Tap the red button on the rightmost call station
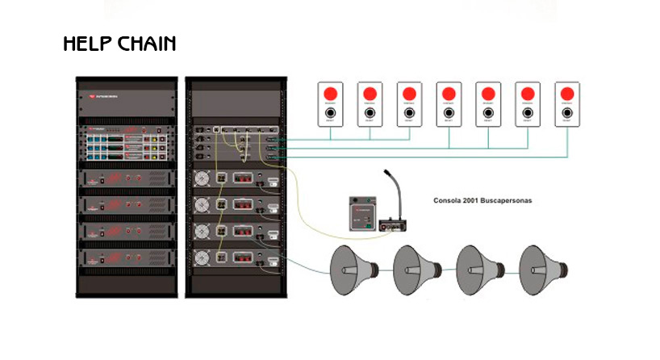click(x=568, y=93)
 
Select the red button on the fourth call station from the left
click(x=449, y=93)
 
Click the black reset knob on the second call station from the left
click(x=370, y=114)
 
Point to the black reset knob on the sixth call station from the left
click(x=528, y=114)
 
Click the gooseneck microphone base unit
click(x=392, y=224)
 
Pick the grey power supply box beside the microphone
click(x=361, y=214)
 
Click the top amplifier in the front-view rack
click(x=126, y=179)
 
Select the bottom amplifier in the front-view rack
click(x=126, y=259)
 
